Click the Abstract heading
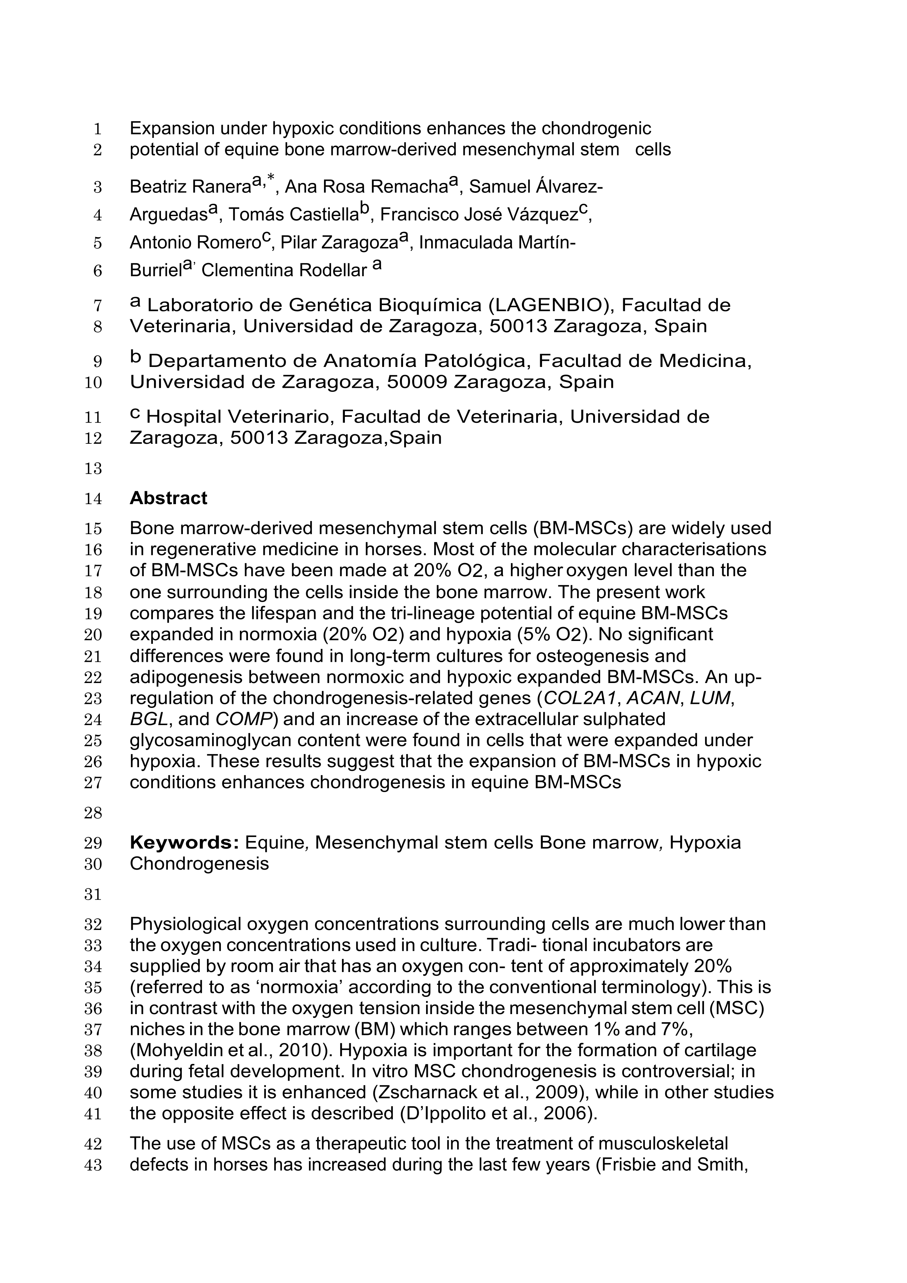(168, 498)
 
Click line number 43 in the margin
(93, 1166)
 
